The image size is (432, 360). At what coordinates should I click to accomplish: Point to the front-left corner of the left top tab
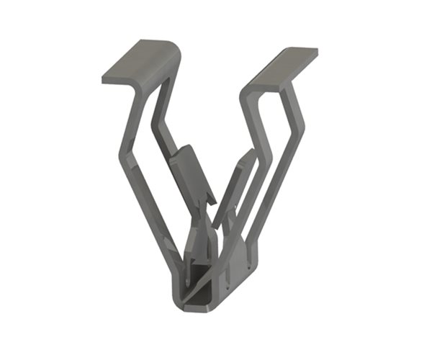coord(105,78)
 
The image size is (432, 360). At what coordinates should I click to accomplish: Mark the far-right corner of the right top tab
coord(316,52)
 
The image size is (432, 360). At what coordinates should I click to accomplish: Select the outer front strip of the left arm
coord(144,202)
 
